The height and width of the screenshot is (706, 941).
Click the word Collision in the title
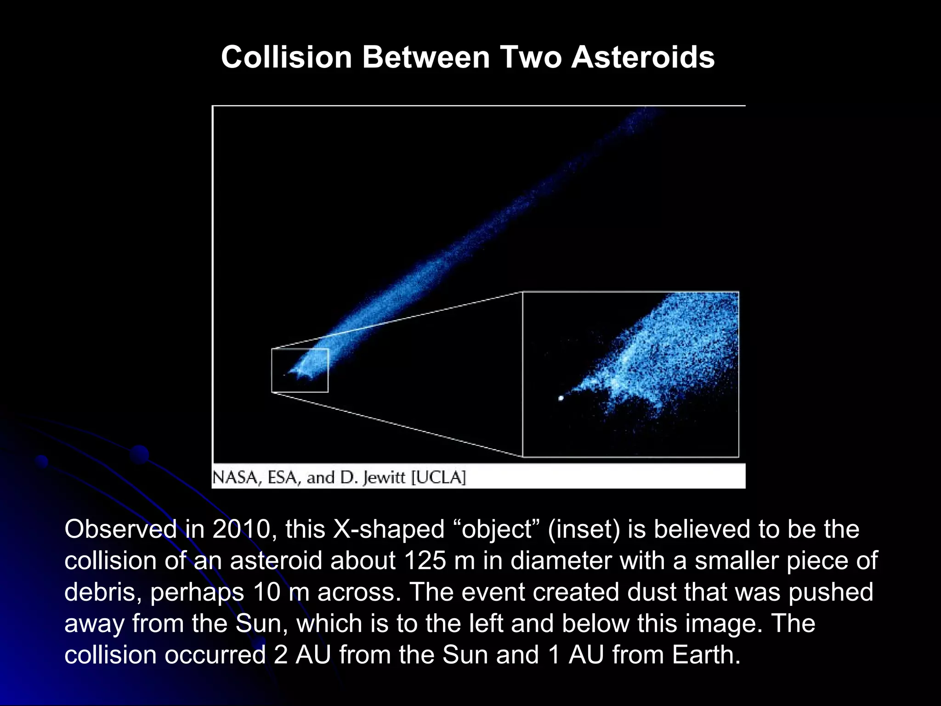pos(286,57)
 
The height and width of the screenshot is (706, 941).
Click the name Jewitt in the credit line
pos(385,478)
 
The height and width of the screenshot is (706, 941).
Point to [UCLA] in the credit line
pos(438,478)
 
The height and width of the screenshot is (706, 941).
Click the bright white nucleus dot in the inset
pos(561,398)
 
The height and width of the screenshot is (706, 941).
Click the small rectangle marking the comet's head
pos(300,370)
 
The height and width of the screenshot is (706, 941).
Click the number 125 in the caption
pos(425,561)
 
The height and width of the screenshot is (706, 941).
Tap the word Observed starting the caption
pos(120,529)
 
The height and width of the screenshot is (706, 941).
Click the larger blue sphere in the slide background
pos(139,454)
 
